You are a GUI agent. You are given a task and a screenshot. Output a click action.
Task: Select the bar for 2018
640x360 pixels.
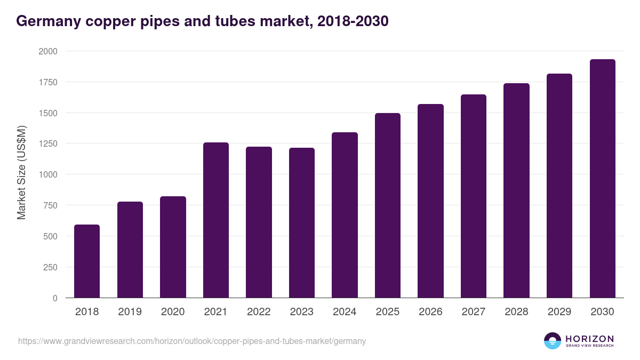point(87,261)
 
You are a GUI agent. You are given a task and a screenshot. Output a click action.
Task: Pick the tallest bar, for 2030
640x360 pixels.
point(603,179)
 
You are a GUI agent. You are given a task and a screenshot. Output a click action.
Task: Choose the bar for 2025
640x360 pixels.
point(388,205)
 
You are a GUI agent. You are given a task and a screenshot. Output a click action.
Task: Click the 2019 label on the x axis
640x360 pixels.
point(130,312)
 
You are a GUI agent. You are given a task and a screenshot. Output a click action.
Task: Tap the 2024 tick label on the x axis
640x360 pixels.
point(345,312)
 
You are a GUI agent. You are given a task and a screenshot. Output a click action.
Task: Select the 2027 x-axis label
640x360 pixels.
point(474,312)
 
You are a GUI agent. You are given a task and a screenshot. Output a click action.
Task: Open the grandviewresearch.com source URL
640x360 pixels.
point(192,341)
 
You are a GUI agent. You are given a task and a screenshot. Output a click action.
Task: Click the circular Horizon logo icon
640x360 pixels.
point(553,341)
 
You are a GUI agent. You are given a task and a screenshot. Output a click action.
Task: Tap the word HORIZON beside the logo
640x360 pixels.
point(589,339)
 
